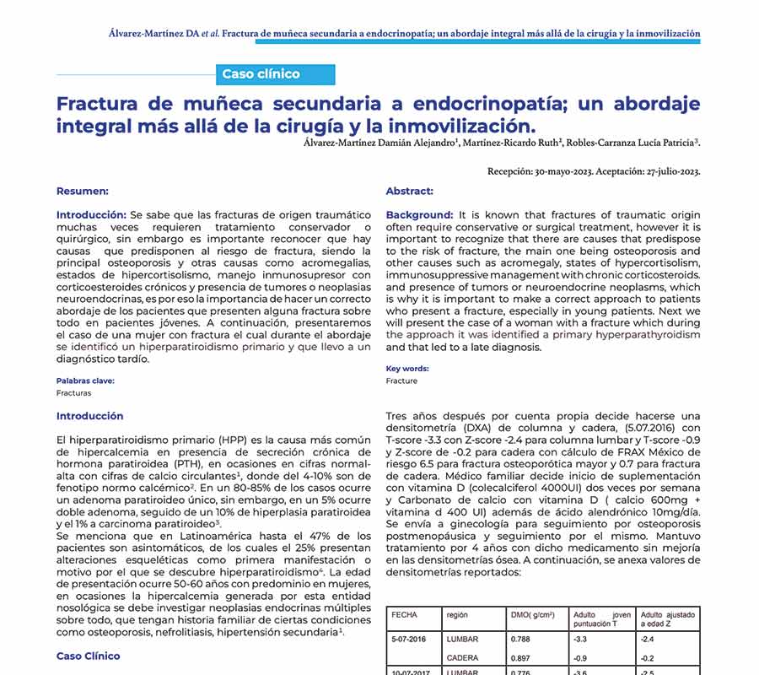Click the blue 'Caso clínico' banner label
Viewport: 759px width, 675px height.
click(261, 74)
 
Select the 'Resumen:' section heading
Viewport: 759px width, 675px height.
click(82, 192)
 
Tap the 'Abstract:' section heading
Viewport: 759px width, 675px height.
click(409, 192)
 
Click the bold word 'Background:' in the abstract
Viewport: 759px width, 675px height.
click(419, 215)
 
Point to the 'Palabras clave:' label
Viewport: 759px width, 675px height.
click(85, 381)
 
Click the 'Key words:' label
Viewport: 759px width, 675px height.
click(406, 369)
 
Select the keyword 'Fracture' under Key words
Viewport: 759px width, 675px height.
click(401, 381)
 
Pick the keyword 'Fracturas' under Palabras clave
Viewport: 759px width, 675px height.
click(74, 393)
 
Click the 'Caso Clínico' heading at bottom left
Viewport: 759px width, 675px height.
click(89, 656)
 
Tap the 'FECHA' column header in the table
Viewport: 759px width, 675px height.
click(404, 615)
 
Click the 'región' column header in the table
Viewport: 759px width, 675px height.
click(457, 615)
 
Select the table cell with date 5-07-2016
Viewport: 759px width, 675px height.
click(409, 640)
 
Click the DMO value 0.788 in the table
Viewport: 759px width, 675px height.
click(520, 640)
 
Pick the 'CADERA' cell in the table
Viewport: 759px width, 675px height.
click(462, 658)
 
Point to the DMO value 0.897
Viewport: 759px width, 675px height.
click(520, 658)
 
